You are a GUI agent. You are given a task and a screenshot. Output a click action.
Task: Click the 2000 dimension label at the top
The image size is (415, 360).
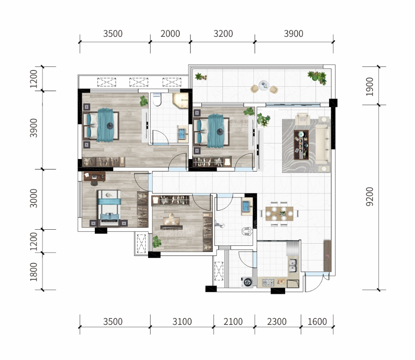click(170, 33)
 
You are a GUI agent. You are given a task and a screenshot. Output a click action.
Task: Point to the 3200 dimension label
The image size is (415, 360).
click(223, 33)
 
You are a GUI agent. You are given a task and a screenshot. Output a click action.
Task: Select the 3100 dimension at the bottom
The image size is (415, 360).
click(182, 322)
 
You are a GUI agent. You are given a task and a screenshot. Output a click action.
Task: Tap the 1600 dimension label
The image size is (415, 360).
click(317, 322)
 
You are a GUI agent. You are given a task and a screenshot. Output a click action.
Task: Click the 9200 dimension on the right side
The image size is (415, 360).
click(369, 197)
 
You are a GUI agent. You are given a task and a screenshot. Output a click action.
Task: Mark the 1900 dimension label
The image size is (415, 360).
click(369, 87)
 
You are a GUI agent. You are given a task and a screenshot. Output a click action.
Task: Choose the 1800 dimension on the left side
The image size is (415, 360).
click(33, 272)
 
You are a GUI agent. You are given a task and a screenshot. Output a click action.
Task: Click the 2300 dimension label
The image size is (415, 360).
click(277, 322)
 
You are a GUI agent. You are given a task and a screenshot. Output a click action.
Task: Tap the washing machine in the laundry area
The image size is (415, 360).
click(247, 282)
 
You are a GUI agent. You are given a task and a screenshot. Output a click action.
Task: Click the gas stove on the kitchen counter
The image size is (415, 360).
click(268, 283)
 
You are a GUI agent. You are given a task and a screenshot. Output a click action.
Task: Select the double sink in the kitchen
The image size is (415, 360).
click(293, 266)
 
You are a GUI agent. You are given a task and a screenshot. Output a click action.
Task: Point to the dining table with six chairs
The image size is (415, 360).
click(279, 214)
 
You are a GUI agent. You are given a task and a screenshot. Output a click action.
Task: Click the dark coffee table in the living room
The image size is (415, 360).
click(301, 145)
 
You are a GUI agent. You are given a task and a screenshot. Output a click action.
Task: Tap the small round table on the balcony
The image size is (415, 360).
click(264, 85)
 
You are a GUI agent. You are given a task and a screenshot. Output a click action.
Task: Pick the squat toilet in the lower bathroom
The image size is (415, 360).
click(247, 231)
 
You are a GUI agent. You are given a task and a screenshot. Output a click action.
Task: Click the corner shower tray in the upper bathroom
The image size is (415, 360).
click(181, 100)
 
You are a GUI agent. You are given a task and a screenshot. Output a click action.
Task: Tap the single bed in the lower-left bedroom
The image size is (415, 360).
click(109, 208)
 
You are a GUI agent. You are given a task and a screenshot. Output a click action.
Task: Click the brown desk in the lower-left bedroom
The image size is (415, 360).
click(94, 176)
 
